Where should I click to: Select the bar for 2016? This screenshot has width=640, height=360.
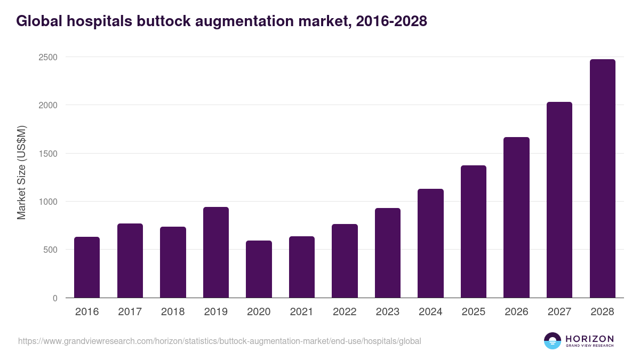click(87, 267)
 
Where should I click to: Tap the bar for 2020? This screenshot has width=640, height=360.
click(259, 269)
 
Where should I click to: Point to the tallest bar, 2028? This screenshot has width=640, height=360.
click(603, 179)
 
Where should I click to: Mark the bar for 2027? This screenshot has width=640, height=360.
click(559, 200)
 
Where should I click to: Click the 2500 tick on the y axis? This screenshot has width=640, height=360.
click(47, 57)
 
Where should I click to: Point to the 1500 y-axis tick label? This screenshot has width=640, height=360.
click(47, 154)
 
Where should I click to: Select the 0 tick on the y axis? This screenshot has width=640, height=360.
click(55, 298)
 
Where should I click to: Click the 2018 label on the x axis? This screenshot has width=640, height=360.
click(173, 312)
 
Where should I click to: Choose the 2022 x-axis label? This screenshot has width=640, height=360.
click(345, 312)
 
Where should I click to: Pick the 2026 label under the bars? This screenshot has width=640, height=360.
click(516, 312)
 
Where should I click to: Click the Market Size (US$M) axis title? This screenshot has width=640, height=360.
click(21, 172)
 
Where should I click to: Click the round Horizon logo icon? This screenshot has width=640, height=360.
click(553, 341)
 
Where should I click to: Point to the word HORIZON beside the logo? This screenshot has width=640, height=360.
click(590, 339)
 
